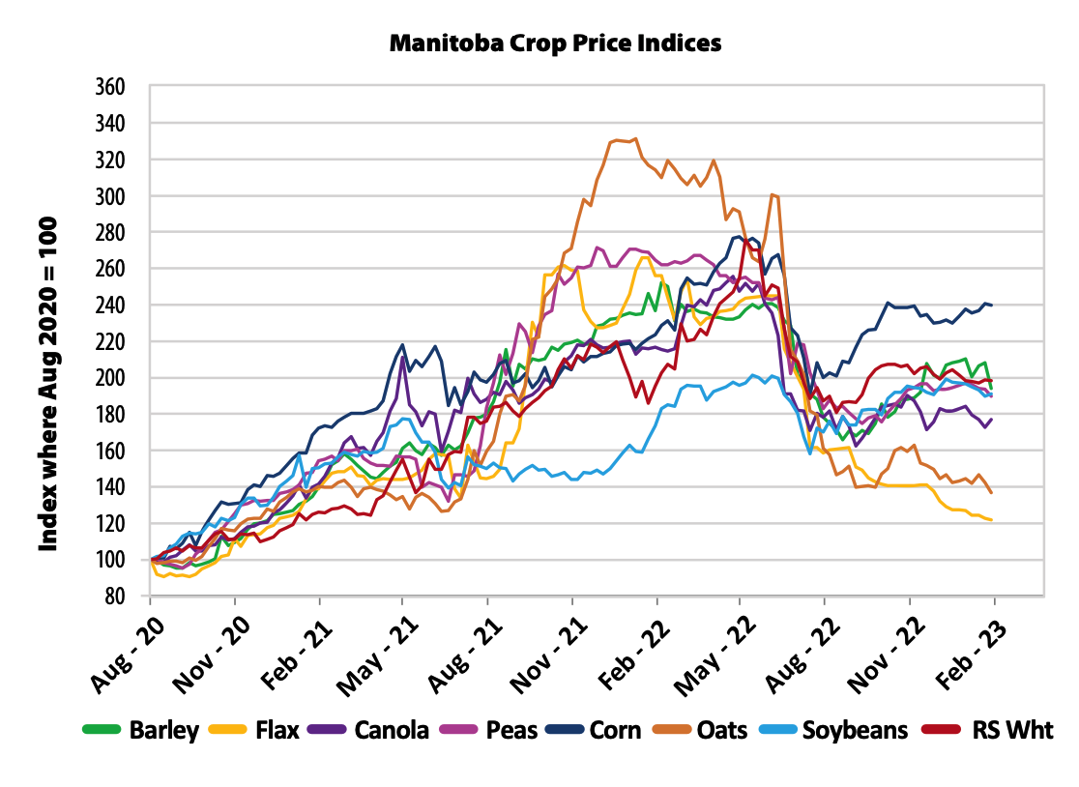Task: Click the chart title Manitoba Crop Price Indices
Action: pyautogui.click(x=555, y=44)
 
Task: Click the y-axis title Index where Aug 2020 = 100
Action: pyautogui.click(x=48, y=384)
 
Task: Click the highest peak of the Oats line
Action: pyautogui.click(x=635, y=138)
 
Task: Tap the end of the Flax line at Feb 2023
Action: pyautogui.click(x=992, y=520)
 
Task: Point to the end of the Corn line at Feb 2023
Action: pyautogui.click(x=992, y=305)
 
